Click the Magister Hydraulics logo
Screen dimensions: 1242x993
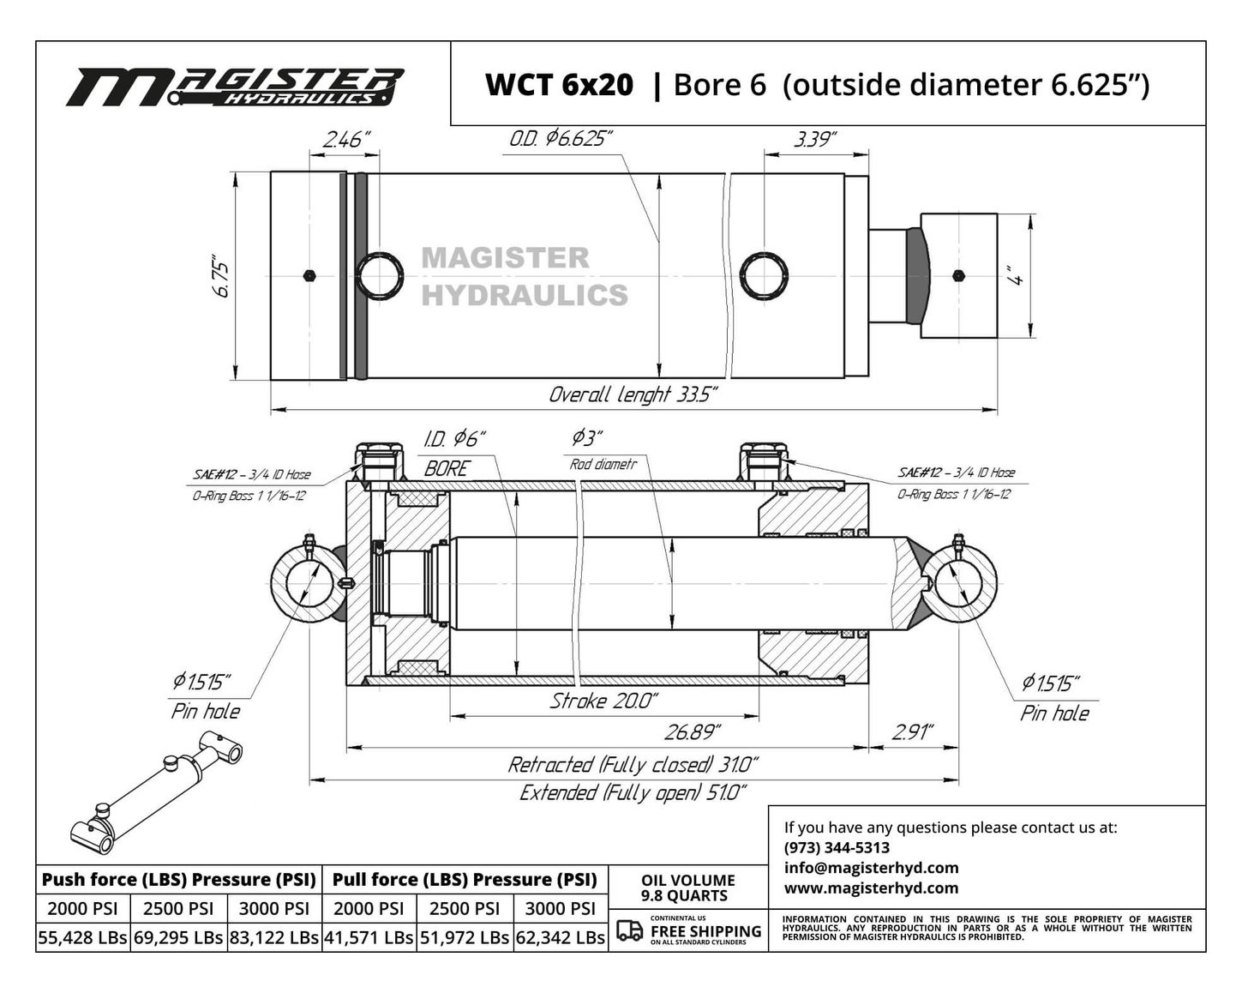(235, 87)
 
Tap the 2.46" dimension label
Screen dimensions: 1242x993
(345, 140)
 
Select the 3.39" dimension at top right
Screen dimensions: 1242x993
(815, 140)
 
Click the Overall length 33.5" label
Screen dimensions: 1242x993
(633, 395)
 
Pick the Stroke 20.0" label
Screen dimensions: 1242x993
(603, 701)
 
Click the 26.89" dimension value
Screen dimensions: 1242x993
(692, 732)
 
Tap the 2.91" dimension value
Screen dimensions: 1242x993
(913, 732)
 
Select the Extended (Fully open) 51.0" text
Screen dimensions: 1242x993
(633, 792)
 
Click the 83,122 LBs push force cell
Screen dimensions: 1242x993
(274, 937)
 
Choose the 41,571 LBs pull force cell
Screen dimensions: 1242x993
(369, 937)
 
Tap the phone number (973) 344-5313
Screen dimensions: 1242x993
(837, 847)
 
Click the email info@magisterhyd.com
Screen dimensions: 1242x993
(872, 868)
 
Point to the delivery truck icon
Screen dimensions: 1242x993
(629, 930)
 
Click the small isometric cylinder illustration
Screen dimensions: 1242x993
(156, 792)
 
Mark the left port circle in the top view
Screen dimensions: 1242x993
(380, 275)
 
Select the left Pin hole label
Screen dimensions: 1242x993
(206, 711)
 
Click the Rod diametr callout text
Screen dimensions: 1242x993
(603, 464)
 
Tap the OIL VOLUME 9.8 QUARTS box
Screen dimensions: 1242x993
(688, 888)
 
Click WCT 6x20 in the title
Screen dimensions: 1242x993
(559, 85)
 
